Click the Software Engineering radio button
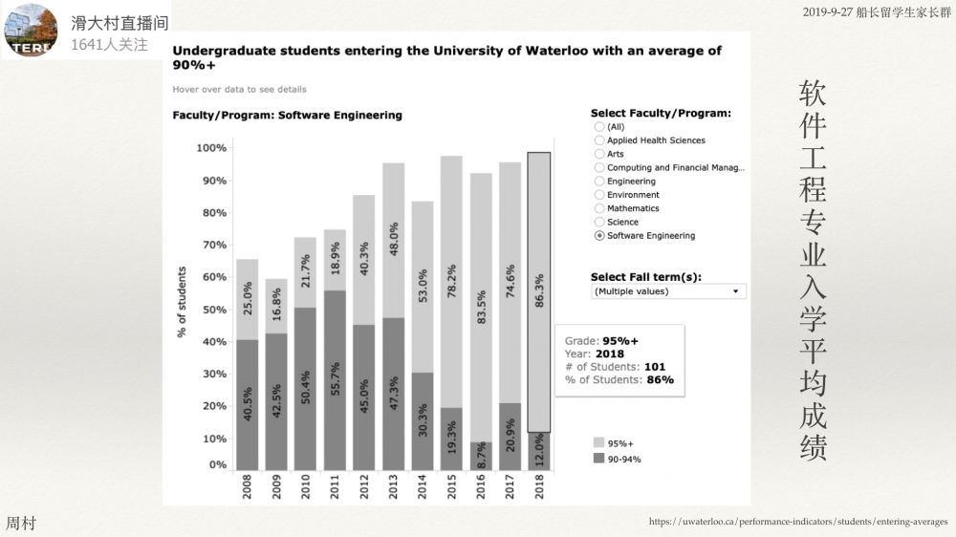click(x=599, y=235)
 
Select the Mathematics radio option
click(x=599, y=208)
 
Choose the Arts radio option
click(x=599, y=154)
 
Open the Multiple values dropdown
click(x=668, y=290)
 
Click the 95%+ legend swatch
click(x=599, y=443)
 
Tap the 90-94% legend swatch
click(x=599, y=459)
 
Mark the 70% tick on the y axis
click(x=211, y=245)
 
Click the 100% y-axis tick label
click(x=211, y=148)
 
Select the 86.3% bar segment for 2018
click(x=539, y=291)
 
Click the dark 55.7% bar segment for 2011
click(x=335, y=379)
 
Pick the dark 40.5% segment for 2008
click(x=247, y=404)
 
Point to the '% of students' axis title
click(x=182, y=302)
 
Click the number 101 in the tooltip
click(x=655, y=366)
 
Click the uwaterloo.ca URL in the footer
click(x=798, y=522)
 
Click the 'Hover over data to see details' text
click(x=239, y=89)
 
